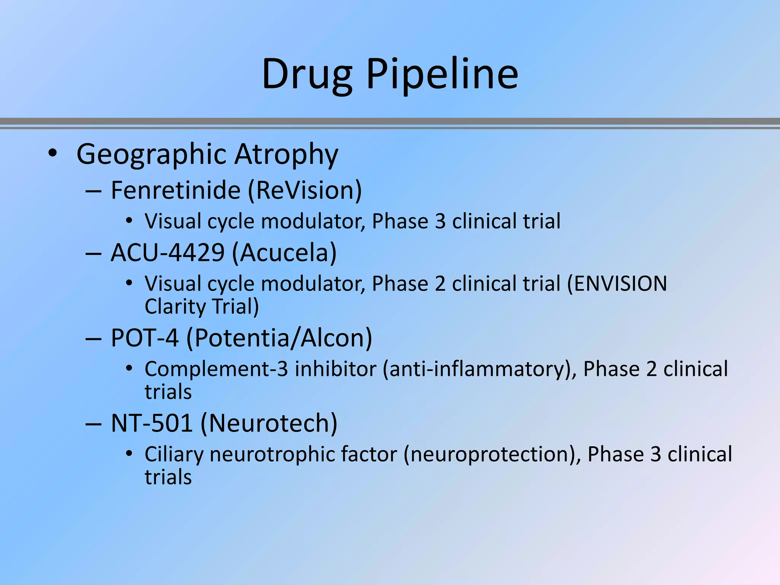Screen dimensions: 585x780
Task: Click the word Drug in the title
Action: (x=307, y=74)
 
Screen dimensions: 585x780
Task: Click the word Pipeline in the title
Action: (x=442, y=74)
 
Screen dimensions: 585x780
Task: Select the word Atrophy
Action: (x=286, y=154)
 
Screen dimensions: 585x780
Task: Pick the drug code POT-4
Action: (x=145, y=338)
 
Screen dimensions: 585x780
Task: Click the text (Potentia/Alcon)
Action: (x=279, y=338)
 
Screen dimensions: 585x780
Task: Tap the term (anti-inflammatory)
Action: (x=480, y=369)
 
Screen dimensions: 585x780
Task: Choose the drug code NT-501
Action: (x=152, y=423)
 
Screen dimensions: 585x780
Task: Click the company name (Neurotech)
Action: (x=269, y=423)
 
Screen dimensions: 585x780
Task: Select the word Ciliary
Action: (x=174, y=454)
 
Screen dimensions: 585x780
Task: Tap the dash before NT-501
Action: (x=93, y=423)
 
